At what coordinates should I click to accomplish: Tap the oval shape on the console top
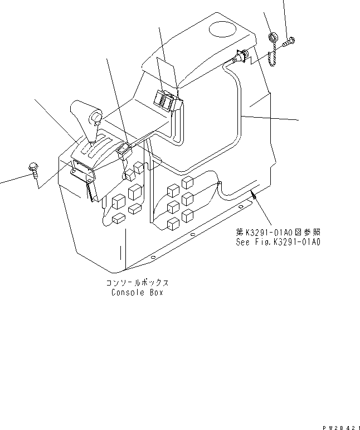223,27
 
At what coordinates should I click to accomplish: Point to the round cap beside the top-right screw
273,38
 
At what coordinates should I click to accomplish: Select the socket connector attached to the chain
241,57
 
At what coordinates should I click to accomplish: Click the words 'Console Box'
136,292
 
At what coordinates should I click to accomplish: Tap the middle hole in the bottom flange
192,236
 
